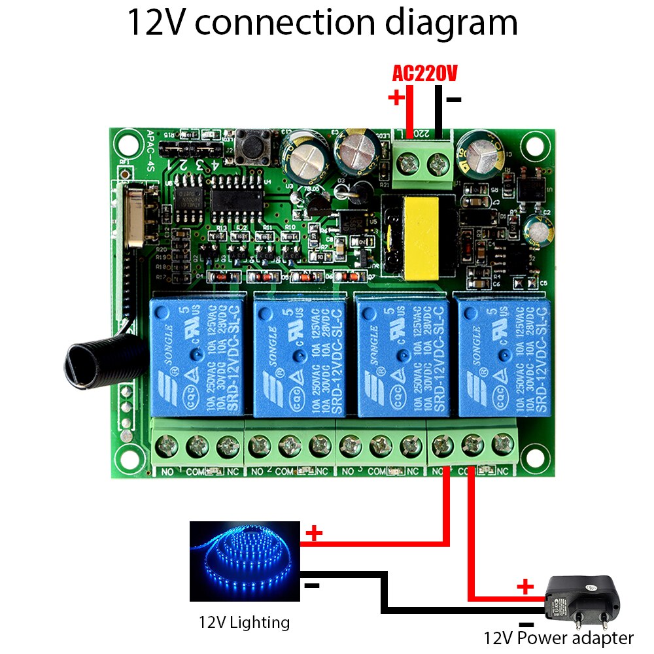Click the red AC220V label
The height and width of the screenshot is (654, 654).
tap(424, 73)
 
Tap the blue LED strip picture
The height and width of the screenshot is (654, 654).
tap(245, 560)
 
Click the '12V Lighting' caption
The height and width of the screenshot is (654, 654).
tap(244, 622)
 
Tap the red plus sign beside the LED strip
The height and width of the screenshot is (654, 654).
tap(315, 533)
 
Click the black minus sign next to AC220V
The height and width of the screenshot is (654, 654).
tap(454, 100)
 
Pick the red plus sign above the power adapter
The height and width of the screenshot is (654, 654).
tap(525, 586)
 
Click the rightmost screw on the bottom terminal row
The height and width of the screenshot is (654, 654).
tap(502, 446)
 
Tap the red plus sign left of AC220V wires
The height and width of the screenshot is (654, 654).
tap(396, 98)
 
